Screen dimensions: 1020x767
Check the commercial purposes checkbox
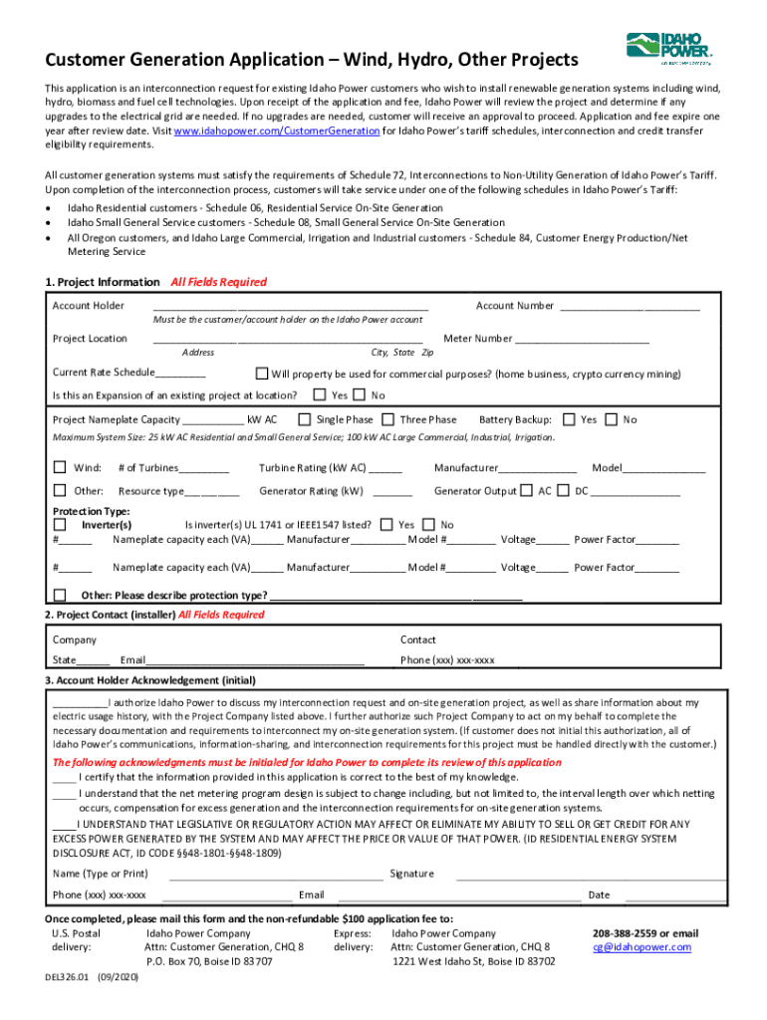click(262, 374)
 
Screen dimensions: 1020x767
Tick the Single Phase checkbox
click(305, 419)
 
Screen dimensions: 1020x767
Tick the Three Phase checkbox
click(388, 419)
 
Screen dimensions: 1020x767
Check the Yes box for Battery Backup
click(570, 419)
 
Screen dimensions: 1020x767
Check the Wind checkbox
click(60, 467)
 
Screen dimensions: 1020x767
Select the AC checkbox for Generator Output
click(526, 490)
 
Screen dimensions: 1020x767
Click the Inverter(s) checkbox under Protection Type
click(60, 524)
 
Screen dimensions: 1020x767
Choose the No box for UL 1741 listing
click(428, 524)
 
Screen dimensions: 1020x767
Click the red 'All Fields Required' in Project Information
click(219, 282)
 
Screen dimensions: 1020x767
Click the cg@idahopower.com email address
click(641, 947)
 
